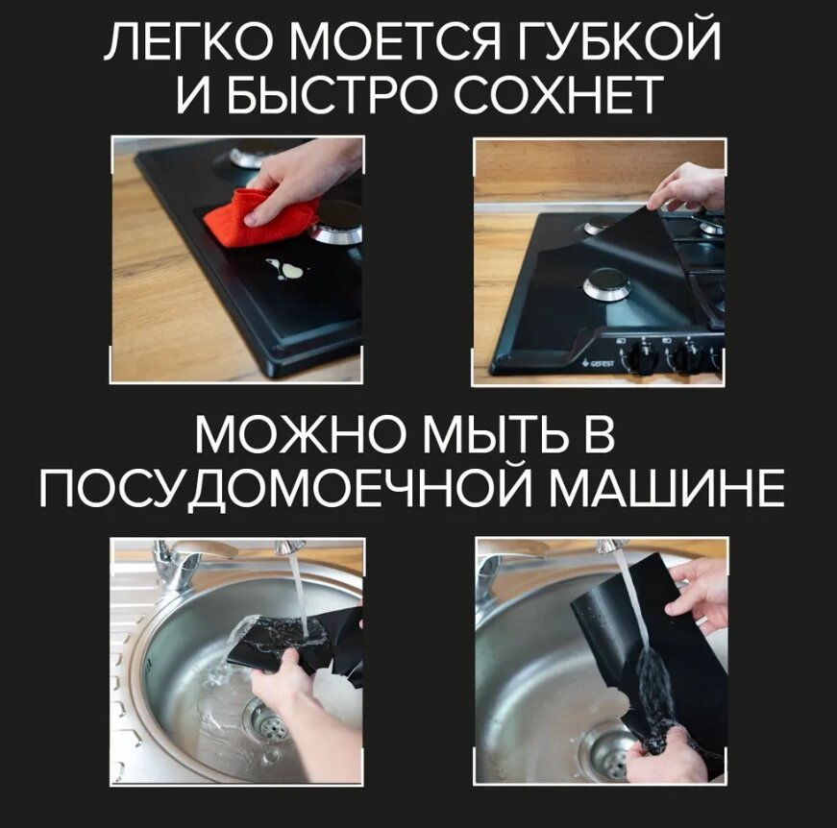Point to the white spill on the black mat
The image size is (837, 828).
click(x=285, y=269)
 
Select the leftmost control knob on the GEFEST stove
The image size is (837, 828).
click(x=644, y=354)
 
